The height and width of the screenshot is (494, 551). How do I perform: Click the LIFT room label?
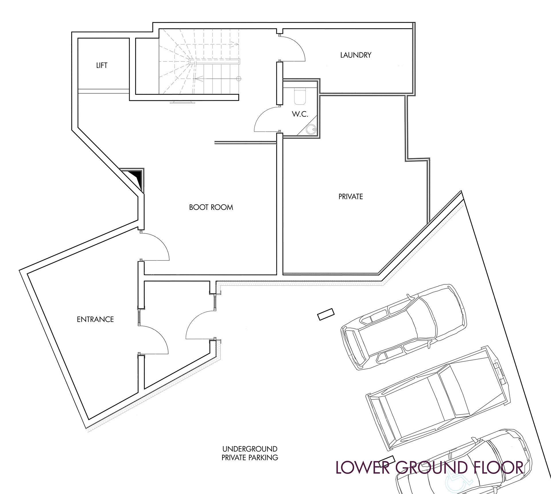pyautogui.click(x=102, y=66)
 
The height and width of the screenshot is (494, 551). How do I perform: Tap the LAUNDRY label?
pyautogui.click(x=356, y=55)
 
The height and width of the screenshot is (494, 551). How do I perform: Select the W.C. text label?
pyautogui.click(x=300, y=114)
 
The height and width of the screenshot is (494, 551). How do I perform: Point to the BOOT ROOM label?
pyautogui.click(x=211, y=207)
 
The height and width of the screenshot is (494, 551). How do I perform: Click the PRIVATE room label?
pyautogui.click(x=351, y=197)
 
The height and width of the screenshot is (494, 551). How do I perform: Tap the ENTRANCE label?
pyautogui.click(x=95, y=319)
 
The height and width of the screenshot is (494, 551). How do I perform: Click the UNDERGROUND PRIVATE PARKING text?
pyautogui.click(x=250, y=453)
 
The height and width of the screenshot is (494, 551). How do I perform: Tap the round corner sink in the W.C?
pyautogui.click(x=311, y=129)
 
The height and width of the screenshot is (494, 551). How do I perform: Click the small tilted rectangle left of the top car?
pyautogui.click(x=326, y=314)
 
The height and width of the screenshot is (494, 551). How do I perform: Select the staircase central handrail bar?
pyautogui.click(x=214, y=61)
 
